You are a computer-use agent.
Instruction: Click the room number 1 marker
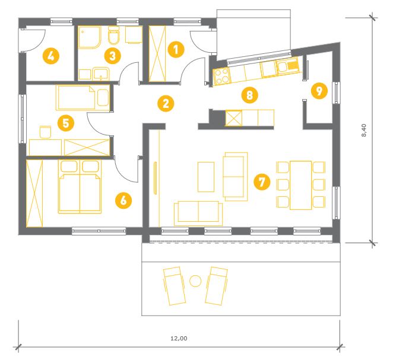tap(176, 49)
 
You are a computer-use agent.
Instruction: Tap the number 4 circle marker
tap(51, 56)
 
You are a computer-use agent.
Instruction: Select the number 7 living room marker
tap(262, 181)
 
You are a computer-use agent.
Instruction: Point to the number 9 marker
tap(319, 91)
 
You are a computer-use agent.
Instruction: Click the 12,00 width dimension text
tap(179, 339)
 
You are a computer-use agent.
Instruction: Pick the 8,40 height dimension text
tap(364, 130)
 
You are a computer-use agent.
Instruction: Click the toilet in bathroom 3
tap(113, 36)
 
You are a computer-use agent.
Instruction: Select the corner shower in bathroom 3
tap(90, 37)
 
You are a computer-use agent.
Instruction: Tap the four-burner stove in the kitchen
tap(221, 75)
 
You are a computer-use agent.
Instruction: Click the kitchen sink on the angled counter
tap(287, 66)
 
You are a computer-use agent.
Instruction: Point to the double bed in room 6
tap(80, 187)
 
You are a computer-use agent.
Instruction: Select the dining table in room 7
tap(300, 185)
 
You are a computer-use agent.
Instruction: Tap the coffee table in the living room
tap(206, 177)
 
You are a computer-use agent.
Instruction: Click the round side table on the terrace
tap(195, 281)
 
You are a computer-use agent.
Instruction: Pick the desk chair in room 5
tap(45, 132)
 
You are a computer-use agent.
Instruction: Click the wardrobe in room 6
tap(34, 193)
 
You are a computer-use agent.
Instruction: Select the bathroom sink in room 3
tap(101, 74)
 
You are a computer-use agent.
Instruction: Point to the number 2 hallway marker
tap(166, 103)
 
